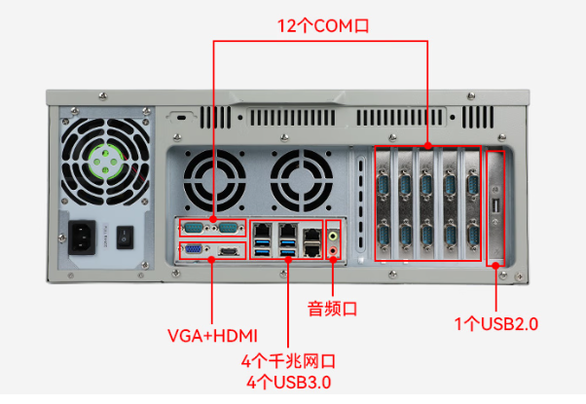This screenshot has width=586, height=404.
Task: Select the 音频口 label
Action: pos(333,309)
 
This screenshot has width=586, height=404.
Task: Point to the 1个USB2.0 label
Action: pos(496,323)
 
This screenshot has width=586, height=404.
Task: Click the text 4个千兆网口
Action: pos(289,362)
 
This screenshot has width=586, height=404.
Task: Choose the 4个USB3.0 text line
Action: pos(289,383)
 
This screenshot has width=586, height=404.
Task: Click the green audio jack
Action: pos(335,235)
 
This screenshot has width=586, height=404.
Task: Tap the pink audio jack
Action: pos(335,250)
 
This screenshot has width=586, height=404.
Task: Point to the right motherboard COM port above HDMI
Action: pos(229,228)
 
